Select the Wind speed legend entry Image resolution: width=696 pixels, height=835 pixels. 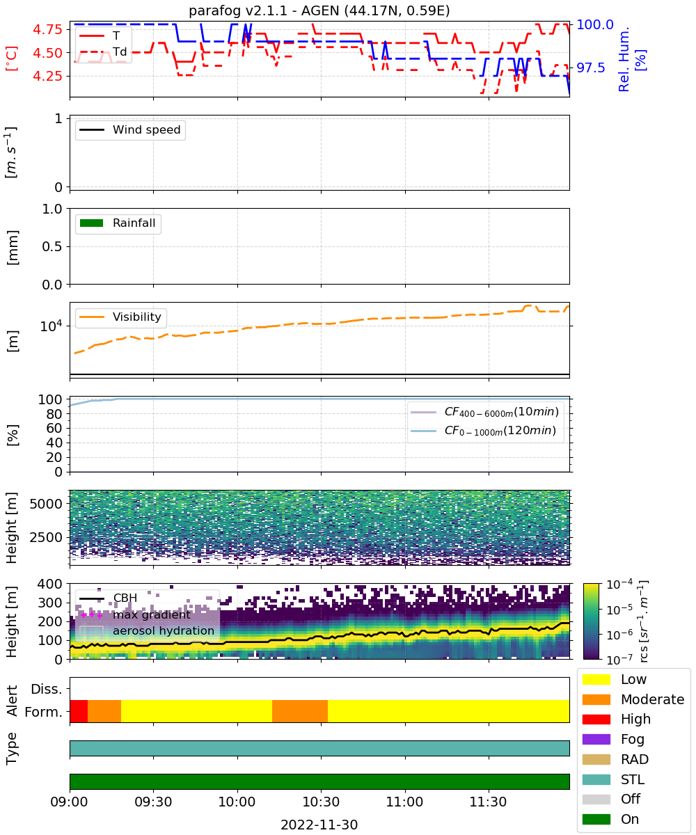coord(130,129)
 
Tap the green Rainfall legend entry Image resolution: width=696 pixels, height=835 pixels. coord(118,223)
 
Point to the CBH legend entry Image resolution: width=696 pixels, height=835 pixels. coord(109,598)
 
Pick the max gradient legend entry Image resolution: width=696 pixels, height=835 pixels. coord(135,614)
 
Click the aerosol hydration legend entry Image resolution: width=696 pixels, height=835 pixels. coord(147,630)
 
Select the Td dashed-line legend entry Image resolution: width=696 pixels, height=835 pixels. coord(103,51)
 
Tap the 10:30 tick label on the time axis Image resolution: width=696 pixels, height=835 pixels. coord(321,802)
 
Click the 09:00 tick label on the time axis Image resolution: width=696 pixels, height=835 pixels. coord(70,802)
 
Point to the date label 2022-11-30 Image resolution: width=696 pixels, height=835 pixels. coord(319,825)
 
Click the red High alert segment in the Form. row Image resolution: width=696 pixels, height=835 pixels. coord(79,711)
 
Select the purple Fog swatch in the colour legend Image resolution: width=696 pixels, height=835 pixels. coord(596,739)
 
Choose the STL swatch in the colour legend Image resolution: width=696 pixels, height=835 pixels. coord(596,779)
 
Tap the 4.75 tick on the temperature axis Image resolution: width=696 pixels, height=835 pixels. coord(47,29)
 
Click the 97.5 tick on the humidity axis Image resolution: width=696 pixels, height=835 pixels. coord(591,67)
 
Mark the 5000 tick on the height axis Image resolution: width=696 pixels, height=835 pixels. coord(46,504)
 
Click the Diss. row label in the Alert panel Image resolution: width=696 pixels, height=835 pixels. coord(47,689)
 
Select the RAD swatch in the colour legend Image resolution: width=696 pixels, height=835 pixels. coord(596,759)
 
